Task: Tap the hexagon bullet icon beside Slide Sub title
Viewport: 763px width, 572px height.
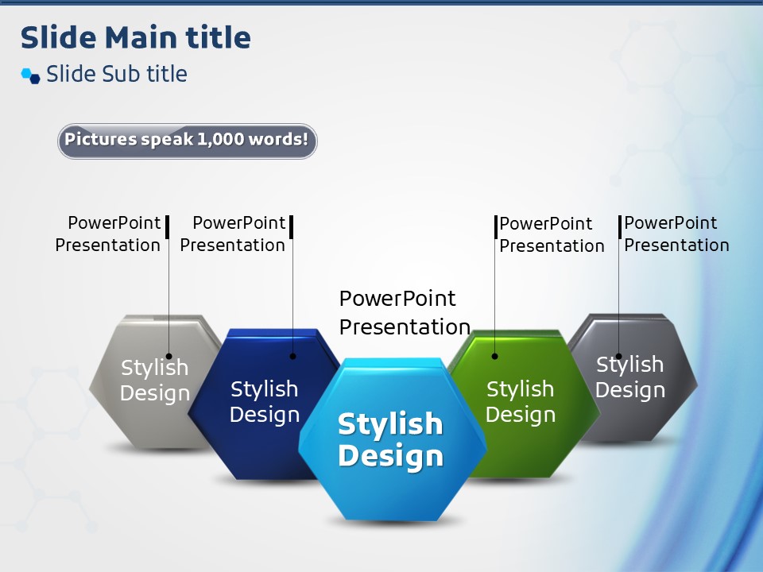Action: click(x=31, y=76)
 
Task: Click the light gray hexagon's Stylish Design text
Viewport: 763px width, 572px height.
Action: click(x=155, y=381)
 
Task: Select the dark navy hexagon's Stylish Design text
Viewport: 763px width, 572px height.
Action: click(x=264, y=402)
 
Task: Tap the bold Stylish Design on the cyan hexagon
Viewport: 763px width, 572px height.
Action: click(x=390, y=439)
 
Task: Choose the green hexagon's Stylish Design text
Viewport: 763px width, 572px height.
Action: click(x=520, y=402)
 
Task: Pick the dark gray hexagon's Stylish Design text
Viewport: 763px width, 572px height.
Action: click(x=630, y=377)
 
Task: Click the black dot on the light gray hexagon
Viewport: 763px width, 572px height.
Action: click(x=168, y=356)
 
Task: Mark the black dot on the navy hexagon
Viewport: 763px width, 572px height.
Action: click(x=293, y=356)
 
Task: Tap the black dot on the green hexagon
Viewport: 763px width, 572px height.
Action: click(x=495, y=356)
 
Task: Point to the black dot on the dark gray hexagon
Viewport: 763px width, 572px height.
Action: click(x=619, y=356)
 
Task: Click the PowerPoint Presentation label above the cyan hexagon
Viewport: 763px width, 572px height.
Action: click(x=405, y=313)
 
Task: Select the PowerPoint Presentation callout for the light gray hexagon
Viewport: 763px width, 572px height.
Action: click(x=107, y=234)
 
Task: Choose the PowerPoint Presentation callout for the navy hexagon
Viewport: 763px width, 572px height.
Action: click(x=233, y=234)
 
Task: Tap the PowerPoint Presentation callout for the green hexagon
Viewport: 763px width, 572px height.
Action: click(x=552, y=235)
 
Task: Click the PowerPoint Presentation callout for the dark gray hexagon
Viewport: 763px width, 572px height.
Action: click(x=677, y=234)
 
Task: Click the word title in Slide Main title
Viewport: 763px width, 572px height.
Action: click(x=219, y=37)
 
